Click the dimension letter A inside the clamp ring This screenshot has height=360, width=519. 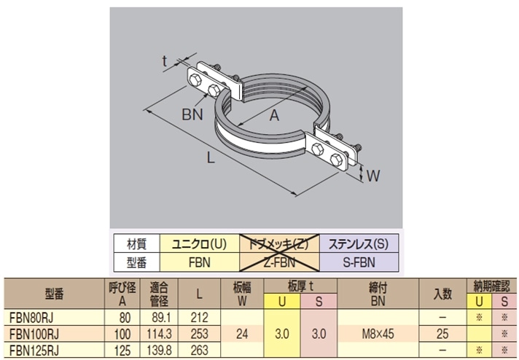276,114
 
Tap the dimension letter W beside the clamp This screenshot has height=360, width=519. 372,176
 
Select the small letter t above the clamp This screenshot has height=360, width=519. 165,62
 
